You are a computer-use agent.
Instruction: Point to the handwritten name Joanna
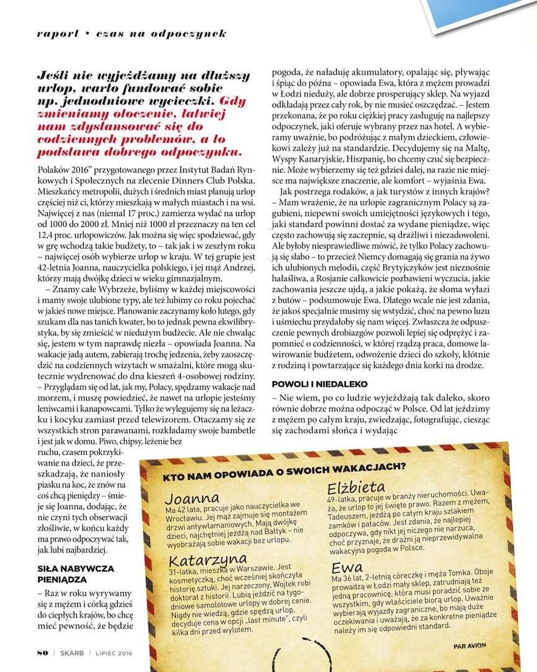click(192, 498)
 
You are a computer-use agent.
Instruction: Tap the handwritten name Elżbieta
click(356, 486)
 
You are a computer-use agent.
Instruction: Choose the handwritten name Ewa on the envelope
click(347, 567)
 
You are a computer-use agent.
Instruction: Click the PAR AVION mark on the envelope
click(469, 646)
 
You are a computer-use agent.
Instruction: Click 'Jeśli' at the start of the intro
click(53, 76)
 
